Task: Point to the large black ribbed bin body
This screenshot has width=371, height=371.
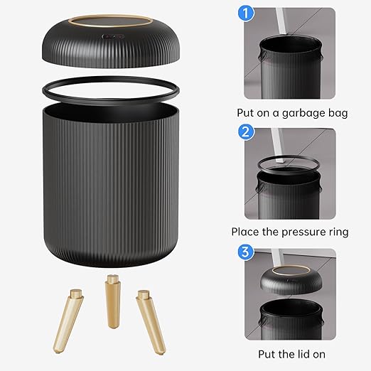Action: (114, 185)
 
